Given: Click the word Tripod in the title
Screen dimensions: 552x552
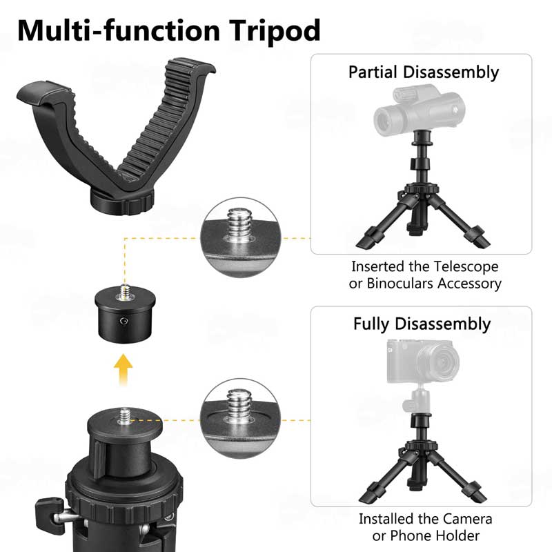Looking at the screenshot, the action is coord(275,32).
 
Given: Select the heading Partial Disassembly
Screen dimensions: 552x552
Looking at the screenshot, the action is coord(424,73).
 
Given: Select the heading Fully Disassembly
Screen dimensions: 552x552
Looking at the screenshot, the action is coord(422,324).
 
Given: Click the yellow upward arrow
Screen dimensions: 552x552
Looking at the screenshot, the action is coord(124,369).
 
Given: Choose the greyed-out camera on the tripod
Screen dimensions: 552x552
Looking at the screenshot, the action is coord(422,361).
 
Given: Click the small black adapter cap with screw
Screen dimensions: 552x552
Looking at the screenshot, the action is coord(125,313).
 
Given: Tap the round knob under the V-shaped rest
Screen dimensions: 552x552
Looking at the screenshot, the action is coord(122,202).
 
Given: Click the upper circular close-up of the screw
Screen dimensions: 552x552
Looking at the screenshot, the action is coord(241,237).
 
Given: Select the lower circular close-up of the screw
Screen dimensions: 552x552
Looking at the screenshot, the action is coord(240,419).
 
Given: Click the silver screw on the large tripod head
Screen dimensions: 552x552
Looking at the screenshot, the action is coord(125,416).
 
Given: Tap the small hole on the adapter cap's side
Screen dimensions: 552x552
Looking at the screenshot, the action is coord(124,321).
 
